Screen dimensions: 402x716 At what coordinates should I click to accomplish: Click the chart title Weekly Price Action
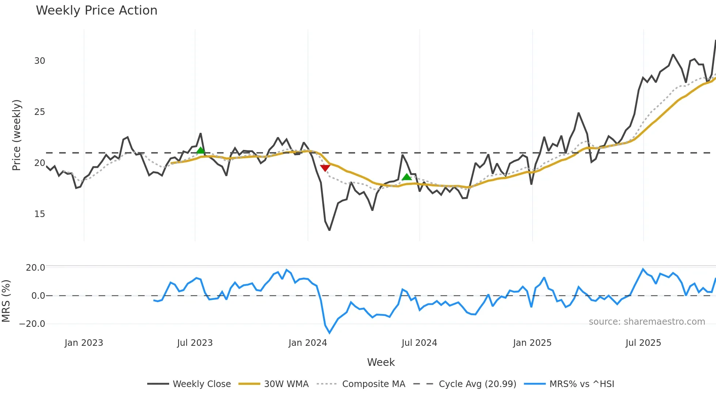click(96, 11)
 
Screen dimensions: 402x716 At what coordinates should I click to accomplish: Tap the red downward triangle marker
click(325, 168)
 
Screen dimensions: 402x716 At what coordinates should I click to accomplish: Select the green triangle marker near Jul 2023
click(201, 150)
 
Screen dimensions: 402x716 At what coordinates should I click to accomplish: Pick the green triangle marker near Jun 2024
click(407, 177)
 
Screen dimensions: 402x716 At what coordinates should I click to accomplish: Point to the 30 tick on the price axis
click(39, 61)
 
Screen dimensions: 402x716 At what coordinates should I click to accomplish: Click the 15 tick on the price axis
click(39, 214)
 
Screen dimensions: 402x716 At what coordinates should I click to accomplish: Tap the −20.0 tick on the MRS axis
click(32, 324)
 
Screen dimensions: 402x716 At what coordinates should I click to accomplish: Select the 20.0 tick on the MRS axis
click(35, 268)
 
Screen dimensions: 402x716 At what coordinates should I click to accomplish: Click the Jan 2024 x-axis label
click(308, 343)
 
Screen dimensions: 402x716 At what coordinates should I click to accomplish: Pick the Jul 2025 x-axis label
click(643, 343)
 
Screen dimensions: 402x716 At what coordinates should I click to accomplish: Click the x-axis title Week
click(381, 362)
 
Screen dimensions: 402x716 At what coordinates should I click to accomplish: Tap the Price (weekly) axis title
click(17, 135)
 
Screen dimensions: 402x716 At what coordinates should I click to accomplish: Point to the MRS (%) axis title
click(6, 301)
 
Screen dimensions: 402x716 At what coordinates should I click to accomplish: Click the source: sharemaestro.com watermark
click(647, 322)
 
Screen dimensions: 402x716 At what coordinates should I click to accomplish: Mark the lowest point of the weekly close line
click(330, 230)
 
